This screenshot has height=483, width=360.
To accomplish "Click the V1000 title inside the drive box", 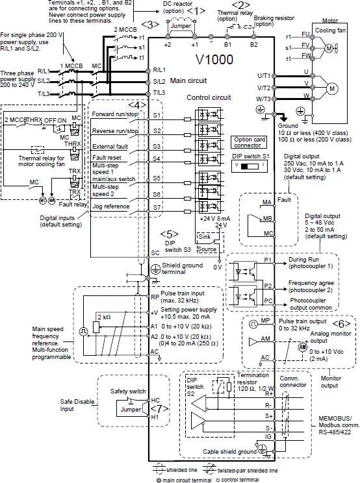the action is (214, 60).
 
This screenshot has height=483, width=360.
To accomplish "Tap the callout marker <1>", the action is (196, 11).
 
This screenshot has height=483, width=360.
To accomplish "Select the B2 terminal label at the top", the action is (253, 45).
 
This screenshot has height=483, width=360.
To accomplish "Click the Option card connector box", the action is (249, 142).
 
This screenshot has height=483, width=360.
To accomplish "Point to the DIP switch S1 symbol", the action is (250, 166).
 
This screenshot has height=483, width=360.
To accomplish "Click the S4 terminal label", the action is (157, 158).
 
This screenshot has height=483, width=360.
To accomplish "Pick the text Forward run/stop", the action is (114, 114).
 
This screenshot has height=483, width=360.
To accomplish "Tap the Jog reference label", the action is (111, 206).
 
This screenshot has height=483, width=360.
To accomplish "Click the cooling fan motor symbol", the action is (329, 48).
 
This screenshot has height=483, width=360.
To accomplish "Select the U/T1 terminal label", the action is (264, 76).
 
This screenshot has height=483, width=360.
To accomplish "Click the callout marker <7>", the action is (160, 409).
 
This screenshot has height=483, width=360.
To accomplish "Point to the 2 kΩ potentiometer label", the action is (104, 317).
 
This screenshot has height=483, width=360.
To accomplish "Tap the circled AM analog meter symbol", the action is (303, 347).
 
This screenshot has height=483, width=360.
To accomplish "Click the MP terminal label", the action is (265, 321).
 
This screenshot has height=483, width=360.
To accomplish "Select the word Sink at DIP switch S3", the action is (204, 236).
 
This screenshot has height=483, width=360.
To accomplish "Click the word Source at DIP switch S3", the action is (207, 249).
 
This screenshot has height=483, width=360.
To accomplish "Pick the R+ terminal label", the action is (269, 393).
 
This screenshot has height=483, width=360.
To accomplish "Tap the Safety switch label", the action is (128, 391).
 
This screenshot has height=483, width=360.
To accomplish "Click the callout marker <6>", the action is (342, 324).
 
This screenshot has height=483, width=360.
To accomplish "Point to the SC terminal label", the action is (155, 253).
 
